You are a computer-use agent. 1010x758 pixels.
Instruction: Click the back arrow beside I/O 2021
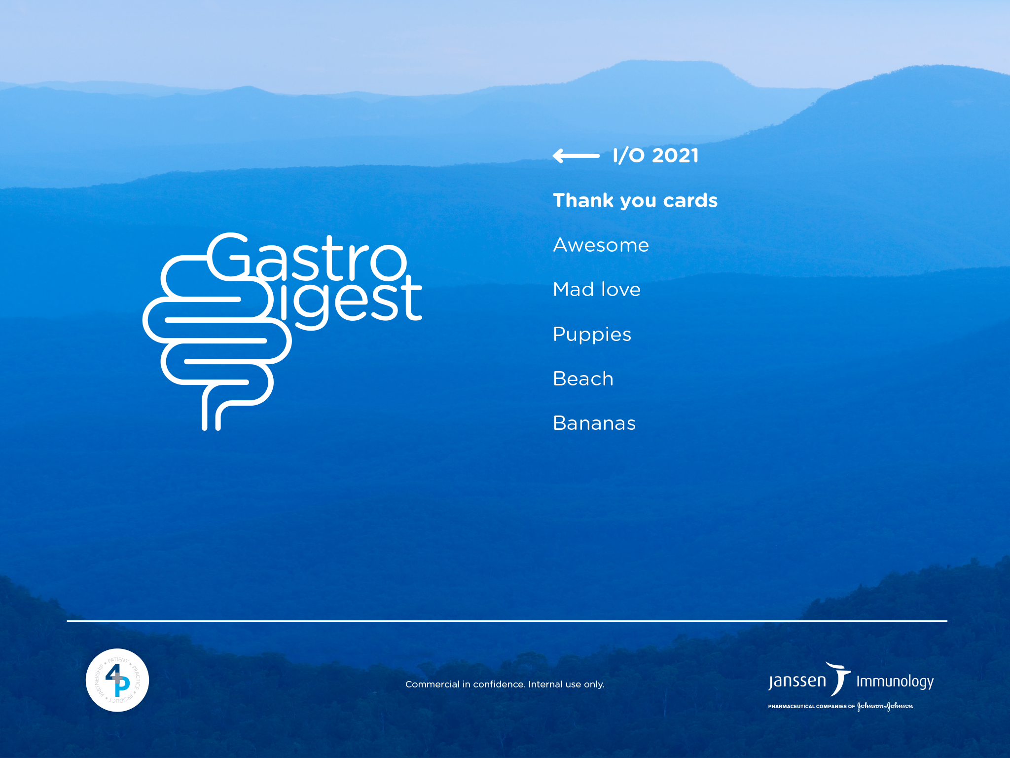[576, 156]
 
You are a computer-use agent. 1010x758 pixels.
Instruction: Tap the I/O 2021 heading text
[655, 155]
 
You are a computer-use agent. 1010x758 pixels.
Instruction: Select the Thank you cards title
[635, 200]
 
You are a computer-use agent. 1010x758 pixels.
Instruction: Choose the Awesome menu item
[601, 245]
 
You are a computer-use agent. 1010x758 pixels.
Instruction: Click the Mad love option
[597, 289]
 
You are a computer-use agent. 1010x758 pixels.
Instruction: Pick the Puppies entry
[592, 335]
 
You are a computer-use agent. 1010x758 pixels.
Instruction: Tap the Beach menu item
[583, 379]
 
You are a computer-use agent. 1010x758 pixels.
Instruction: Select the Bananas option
[594, 423]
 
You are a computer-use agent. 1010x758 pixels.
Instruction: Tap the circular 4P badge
[117, 680]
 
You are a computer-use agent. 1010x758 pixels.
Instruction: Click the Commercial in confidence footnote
[505, 684]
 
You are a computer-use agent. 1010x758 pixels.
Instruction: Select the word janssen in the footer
[797, 682]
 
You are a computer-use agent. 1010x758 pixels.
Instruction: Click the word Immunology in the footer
[895, 682]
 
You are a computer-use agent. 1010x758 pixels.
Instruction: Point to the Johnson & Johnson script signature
[885, 706]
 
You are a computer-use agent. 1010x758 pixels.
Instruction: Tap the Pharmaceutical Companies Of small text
[811, 707]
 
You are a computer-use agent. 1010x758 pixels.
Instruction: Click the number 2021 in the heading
[675, 155]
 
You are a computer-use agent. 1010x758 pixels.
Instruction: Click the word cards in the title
[690, 200]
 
